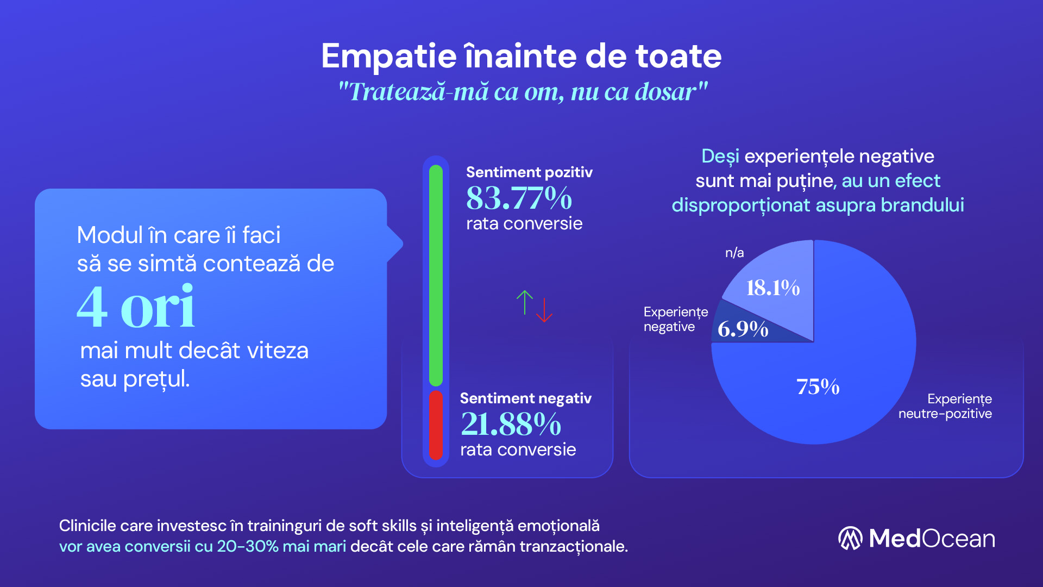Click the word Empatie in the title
(x=389, y=57)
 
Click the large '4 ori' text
(x=136, y=307)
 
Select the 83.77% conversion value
(x=519, y=198)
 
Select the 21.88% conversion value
(x=511, y=424)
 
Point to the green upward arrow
(x=525, y=302)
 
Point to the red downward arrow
(x=544, y=310)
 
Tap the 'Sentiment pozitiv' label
(x=529, y=172)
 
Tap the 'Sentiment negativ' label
(x=525, y=398)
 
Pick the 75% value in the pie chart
(x=818, y=387)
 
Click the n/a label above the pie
(x=734, y=253)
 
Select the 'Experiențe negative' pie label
(x=675, y=319)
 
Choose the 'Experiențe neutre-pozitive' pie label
(x=945, y=406)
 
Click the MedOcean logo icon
(x=850, y=538)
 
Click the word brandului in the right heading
(x=922, y=205)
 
